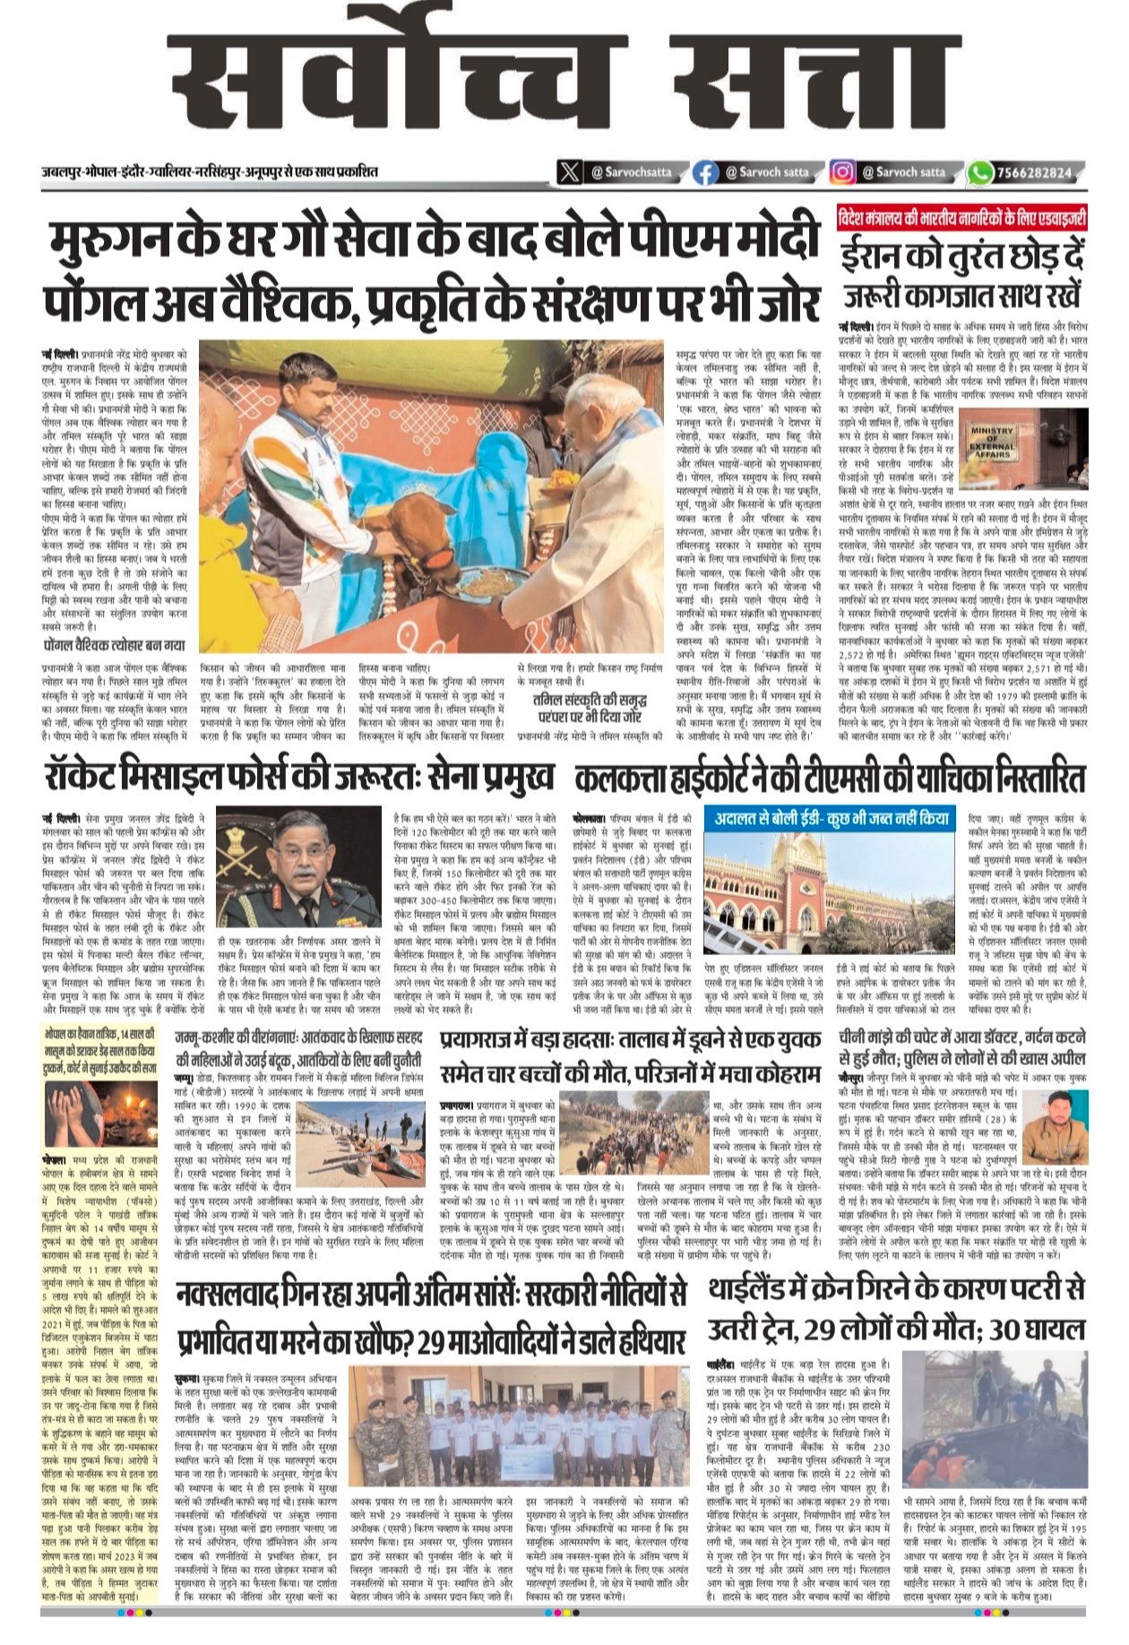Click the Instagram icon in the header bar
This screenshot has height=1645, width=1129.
pos(841,172)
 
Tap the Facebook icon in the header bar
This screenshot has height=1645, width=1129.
pos(706,172)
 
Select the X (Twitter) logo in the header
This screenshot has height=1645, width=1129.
pos(569,172)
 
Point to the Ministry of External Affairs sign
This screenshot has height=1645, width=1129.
pos(992,442)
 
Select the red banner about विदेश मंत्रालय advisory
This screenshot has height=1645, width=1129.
pos(962,219)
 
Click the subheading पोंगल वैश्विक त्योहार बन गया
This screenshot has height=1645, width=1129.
pos(114,645)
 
